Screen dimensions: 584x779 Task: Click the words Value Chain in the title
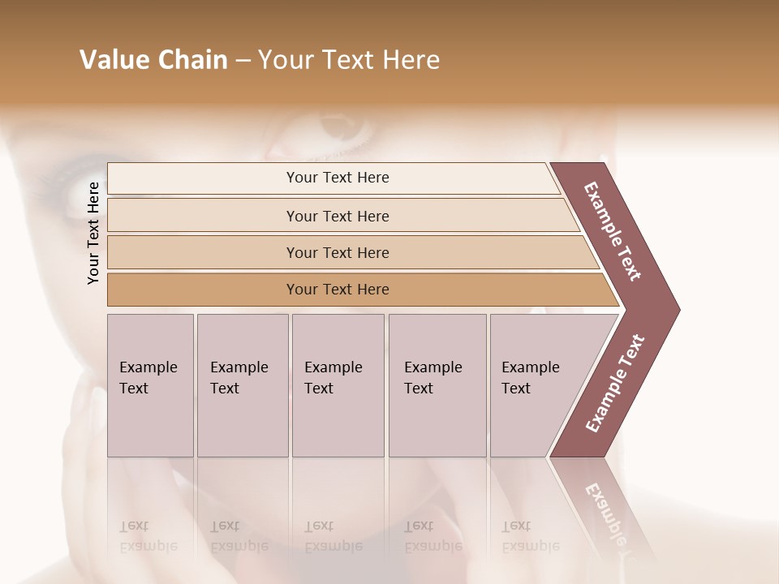pos(153,60)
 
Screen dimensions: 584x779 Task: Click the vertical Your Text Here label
pos(93,233)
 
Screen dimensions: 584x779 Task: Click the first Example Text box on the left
pos(150,385)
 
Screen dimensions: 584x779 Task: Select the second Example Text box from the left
pos(242,385)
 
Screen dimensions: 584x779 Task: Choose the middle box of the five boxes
pos(338,385)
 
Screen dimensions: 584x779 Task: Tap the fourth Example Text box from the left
pos(437,385)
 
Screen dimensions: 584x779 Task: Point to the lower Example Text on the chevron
pos(615,383)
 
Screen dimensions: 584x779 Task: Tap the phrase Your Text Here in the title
pos(349,60)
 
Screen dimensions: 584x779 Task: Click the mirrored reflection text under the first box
pos(148,536)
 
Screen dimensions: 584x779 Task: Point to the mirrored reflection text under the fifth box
pos(531,536)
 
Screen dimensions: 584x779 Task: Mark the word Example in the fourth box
pos(433,367)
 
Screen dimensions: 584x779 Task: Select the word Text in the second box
pos(225,389)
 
